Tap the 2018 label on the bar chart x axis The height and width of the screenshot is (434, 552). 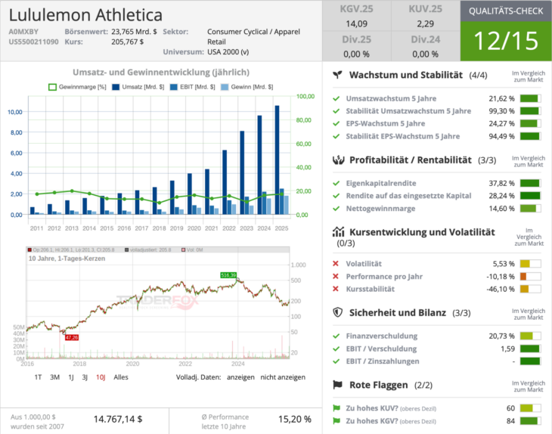coord(160,228)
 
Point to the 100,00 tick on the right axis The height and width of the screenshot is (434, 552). coord(305,97)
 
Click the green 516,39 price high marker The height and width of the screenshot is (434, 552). coord(228,275)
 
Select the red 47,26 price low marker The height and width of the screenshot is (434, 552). coord(72,337)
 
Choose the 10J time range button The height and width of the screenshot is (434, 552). coord(101,377)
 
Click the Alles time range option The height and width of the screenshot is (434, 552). coord(121,377)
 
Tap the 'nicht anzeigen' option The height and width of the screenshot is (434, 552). coord(283,377)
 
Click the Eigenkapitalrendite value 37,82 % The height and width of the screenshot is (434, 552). coord(501,183)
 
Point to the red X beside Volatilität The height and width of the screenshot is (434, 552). coord(336,264)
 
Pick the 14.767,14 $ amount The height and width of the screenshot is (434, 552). coord(118,418)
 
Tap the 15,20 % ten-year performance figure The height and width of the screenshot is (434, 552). coord(295,418)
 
